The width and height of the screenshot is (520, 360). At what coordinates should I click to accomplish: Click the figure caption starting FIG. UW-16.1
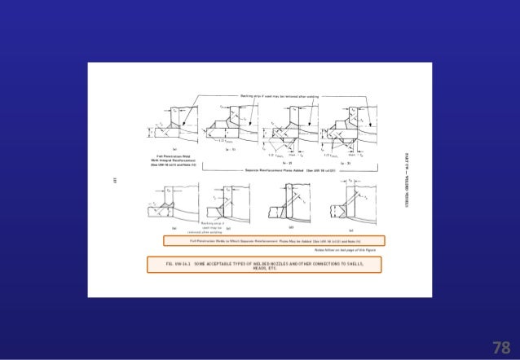coord(266,264)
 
